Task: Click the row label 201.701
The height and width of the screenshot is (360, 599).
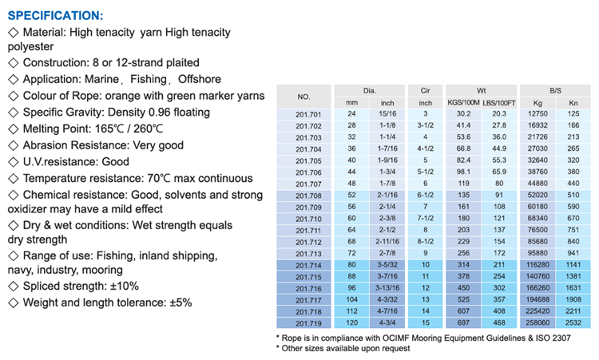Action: coord(303,113)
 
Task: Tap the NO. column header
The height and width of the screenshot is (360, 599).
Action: coord(303,97)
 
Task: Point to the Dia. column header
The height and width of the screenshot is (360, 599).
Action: coord(369,90)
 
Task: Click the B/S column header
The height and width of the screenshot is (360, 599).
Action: coord(555,90)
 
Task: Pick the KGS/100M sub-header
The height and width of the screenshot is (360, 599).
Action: coord(463,103)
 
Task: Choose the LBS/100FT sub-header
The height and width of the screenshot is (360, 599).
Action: coord(500,103)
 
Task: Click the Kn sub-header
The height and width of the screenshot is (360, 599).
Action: coord(573,103)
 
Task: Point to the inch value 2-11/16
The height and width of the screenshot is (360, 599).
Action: coord(387,242)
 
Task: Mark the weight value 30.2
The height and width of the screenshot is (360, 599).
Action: coord(463,113)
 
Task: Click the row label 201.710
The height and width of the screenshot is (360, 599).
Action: coord(303,219)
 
